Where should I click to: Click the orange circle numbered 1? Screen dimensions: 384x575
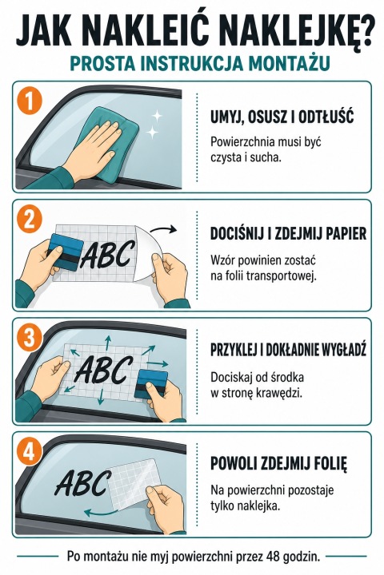pyautogui.click(x=30, y=101)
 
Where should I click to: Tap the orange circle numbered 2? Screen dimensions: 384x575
pyautogui.click(x=30, y=220)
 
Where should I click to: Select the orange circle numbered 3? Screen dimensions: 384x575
pyautogui.click(x=30, y=338)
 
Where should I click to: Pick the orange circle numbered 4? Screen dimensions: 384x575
pyautogui.click(x=30, y=452)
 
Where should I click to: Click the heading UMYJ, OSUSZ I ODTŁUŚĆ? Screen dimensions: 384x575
pyautogui.click(x=282, y=117)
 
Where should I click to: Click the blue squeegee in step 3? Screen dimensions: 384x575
pyautogui.click(x=151, y=384)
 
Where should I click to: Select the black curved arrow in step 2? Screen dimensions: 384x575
pyautogui.click(x=163, y=230)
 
